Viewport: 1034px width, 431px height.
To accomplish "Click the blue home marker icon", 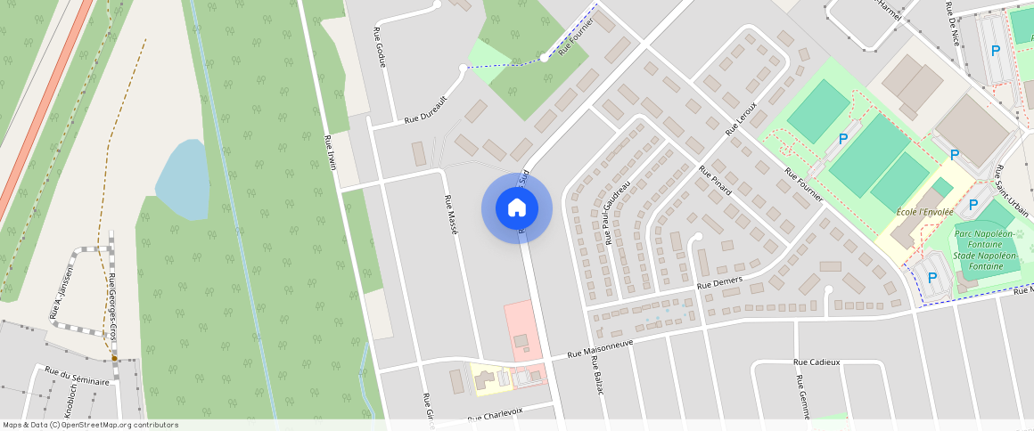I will (x=516, y=208).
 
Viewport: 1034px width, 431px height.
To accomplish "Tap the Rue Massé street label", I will (x=451, y=214).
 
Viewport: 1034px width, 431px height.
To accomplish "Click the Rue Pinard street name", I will (x=715, y=180).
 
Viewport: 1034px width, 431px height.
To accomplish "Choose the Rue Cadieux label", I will (x=817, y=362).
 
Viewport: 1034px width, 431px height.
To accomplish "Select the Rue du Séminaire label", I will (x=77, y=376).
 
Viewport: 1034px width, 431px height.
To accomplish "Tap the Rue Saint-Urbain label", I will (x=1012, y=191).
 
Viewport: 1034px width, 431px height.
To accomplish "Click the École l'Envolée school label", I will (x=924, y=212).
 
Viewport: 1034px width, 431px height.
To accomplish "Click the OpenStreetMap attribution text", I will (x=90, y=425).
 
